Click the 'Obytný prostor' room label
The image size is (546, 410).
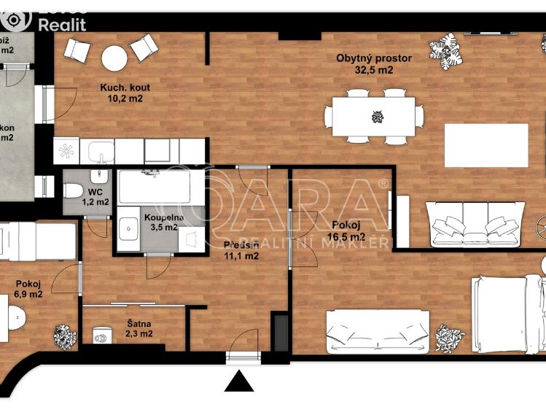coord(374,58)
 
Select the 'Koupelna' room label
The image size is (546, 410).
coord(163,217)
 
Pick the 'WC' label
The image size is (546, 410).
coord(95,192)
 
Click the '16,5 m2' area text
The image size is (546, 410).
coord(348,236)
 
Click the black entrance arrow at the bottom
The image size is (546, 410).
coord(240,382)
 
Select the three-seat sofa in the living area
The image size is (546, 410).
coord(475,223)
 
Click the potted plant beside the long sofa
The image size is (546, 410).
coord(450,336)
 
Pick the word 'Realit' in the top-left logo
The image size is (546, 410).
coord(61,24)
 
